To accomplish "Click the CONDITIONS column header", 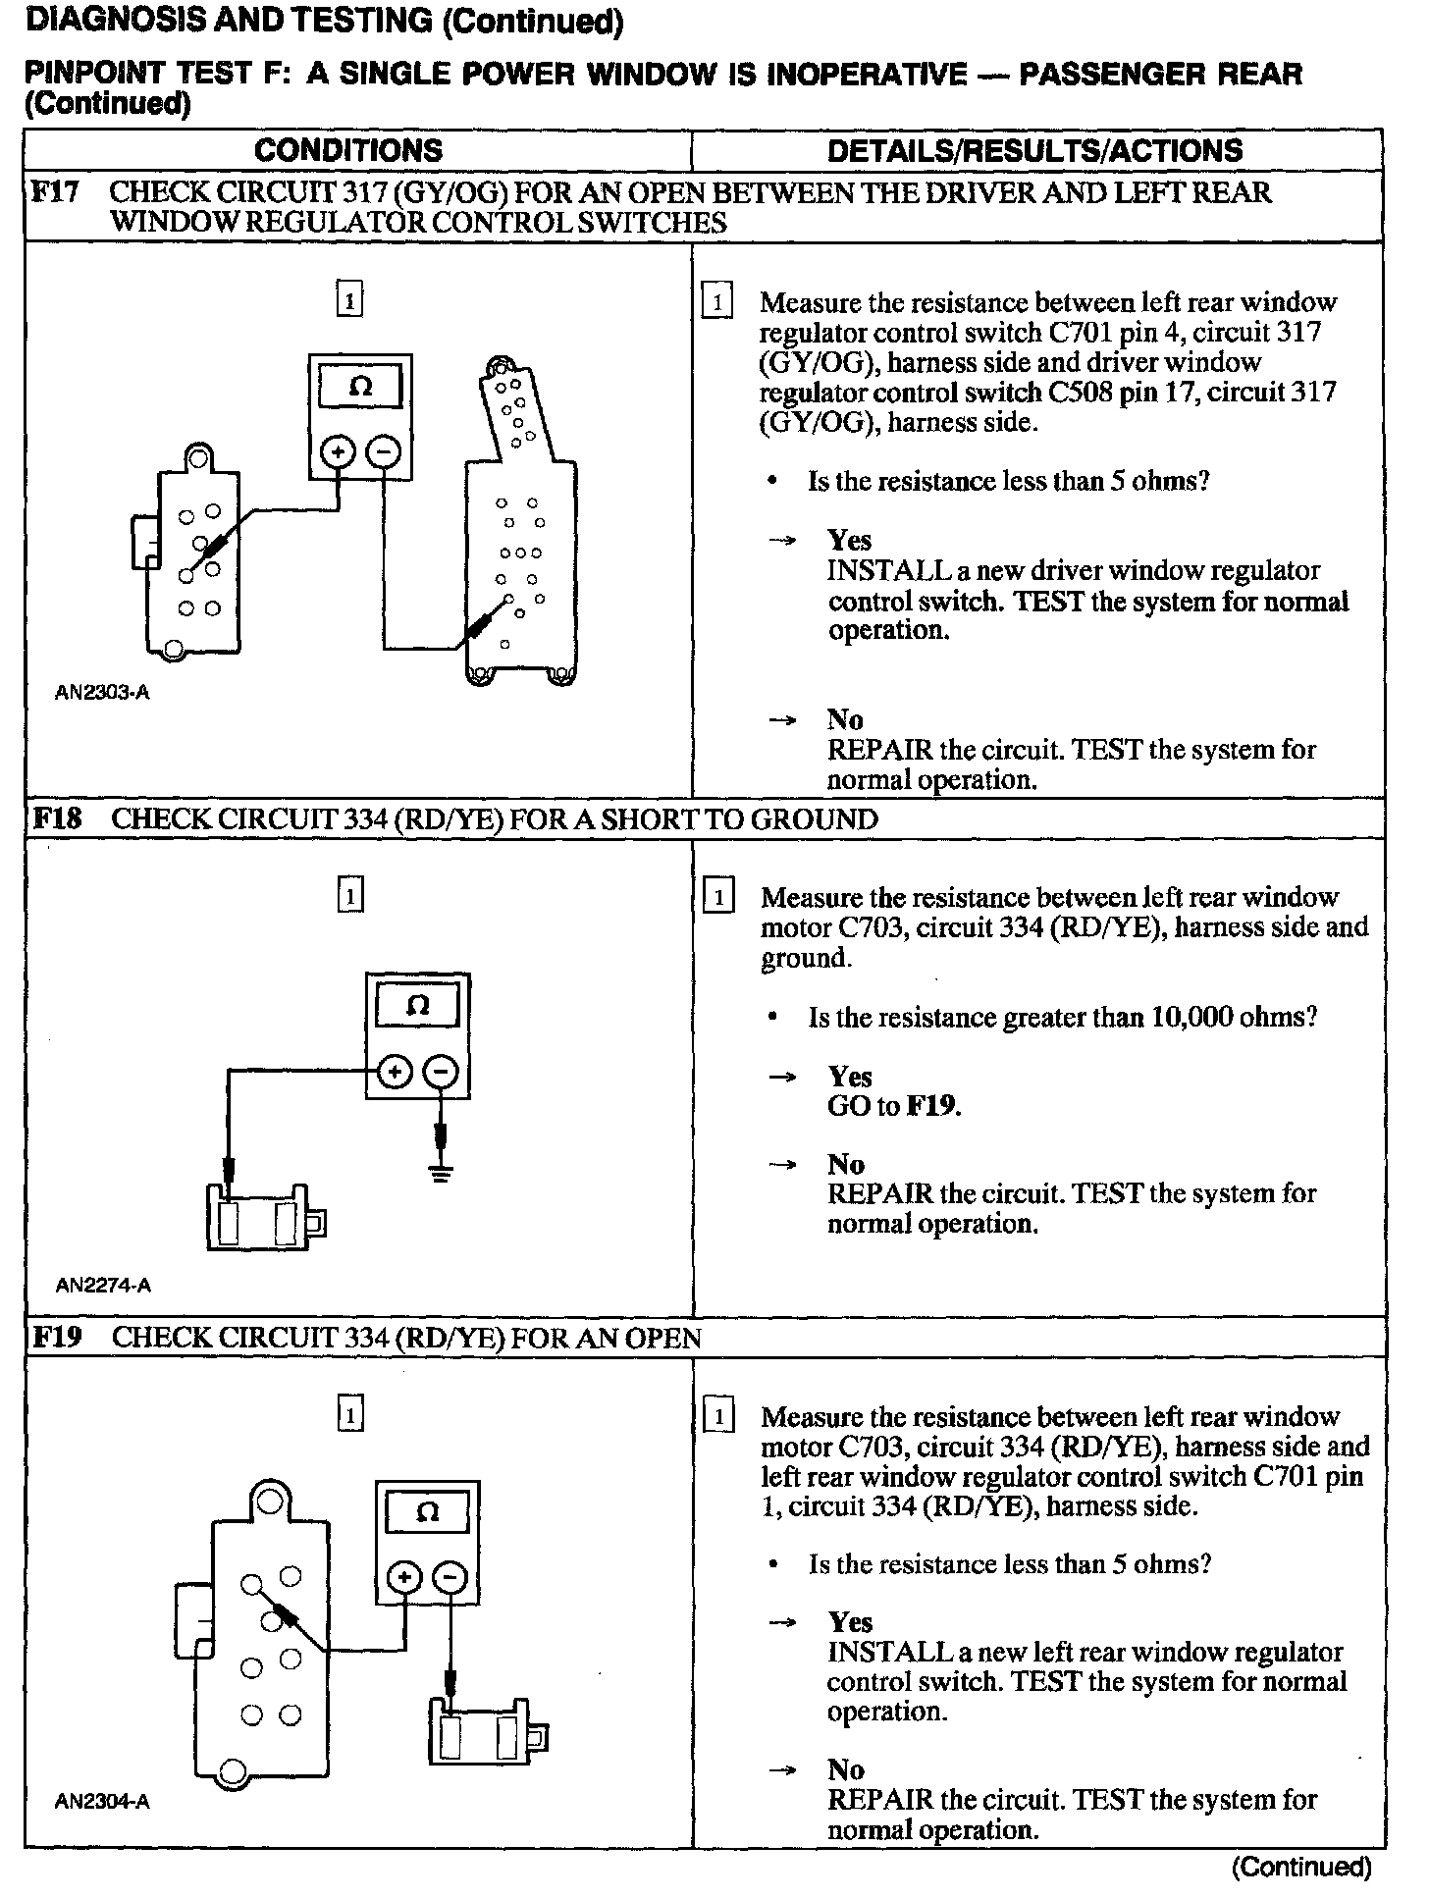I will coord(348,150).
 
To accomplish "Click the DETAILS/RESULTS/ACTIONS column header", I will coord(1034,150).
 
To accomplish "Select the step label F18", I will coord(56,818).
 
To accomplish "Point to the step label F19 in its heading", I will coord(56,1337).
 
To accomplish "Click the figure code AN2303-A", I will coord(102,693).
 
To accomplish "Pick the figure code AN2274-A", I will coord(103,1285).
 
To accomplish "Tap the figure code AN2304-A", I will coord(103,1801).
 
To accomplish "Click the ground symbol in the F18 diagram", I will coord(441,1173).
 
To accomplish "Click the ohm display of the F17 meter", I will coord(360,387).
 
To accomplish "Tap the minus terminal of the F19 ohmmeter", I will coord(450,1579).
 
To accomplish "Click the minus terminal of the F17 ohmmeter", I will coord(384,452).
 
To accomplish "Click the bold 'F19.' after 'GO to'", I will coord(933,1106).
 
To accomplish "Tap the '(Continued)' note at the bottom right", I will coord(1300,1867).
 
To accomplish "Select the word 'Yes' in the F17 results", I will coord(849,540).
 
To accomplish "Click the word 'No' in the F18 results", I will coord(845,1164).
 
